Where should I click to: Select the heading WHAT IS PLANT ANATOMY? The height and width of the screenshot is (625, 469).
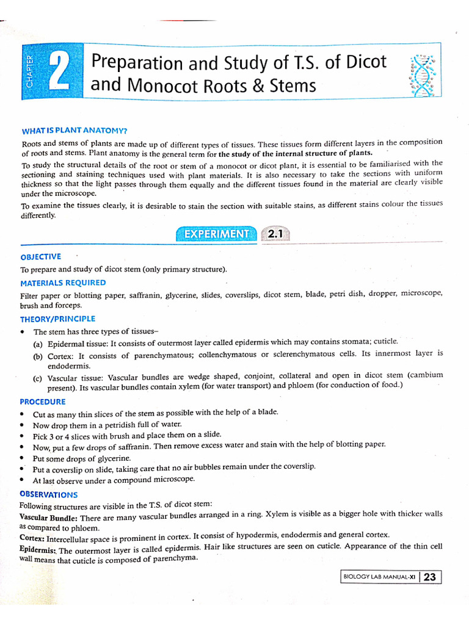[x=75, y=131]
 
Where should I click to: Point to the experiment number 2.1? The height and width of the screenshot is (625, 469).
[x=275, y=233]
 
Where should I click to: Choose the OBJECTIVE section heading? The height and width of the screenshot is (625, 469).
[x=40, y=257]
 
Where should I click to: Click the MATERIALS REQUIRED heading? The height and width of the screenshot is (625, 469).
[x=63, y=283]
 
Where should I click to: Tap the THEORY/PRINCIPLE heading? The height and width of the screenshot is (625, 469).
[x=57, y=319]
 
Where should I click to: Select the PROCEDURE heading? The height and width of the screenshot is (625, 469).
[x=42, y=402]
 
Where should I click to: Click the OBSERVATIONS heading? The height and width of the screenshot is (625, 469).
[x=48, y=494]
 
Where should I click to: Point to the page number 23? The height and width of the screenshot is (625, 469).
[x=429, y=577]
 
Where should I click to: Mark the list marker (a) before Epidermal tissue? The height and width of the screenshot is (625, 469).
[x=38, y=344]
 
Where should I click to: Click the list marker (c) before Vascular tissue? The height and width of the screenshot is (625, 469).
[x=38, y=378]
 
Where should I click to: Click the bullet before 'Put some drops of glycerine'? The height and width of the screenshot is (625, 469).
[x=22, y=458]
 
